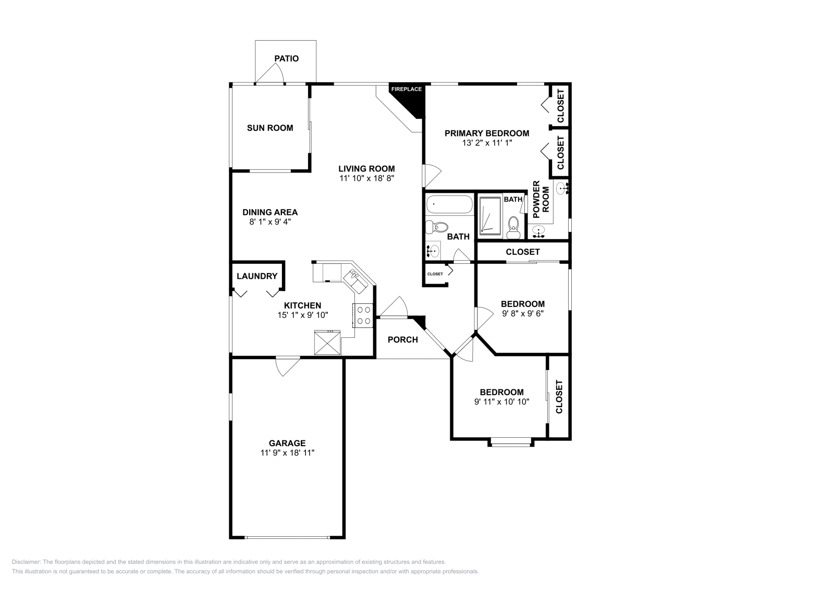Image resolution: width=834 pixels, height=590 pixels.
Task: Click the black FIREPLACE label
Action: click(x=407, y=89)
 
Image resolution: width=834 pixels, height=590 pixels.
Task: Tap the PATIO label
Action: click(x=287, y=58)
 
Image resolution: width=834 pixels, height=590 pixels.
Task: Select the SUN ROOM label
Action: click(x=270, y=128)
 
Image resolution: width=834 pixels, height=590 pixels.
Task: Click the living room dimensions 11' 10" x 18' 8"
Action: click(x=366, y=178)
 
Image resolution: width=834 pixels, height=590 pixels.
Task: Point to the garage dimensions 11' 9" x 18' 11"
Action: click(x=287, y=453)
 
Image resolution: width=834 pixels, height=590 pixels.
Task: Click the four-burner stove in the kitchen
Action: click(x=363, y=315)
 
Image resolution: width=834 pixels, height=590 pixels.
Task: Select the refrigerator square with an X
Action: click(x=327, y=343)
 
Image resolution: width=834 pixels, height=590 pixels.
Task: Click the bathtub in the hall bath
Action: click(x=449, y=205)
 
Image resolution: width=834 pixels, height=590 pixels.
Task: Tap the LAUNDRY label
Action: click(x=257, y=276)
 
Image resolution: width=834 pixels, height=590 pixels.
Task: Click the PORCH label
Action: click(x=403, y=340)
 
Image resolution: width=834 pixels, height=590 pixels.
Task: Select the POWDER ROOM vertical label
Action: click(x=541, y=200)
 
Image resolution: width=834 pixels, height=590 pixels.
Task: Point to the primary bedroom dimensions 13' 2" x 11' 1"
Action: click(x=487, y=143)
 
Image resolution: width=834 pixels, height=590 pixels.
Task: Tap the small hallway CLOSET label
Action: click(x=435, y=274)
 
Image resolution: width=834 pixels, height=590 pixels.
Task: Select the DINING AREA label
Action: click(x=270, y=212)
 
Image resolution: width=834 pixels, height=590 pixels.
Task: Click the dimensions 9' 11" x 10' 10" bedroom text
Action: click(x=501, y=402)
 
